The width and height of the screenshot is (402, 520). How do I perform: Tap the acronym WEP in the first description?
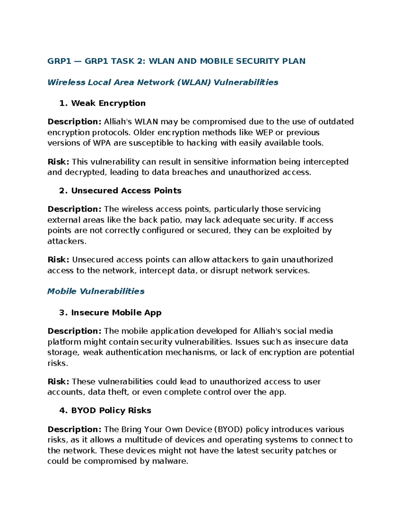(264, 132)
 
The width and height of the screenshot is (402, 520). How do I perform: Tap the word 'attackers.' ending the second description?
(67, 241)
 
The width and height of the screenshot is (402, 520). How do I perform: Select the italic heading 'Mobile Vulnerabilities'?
(96, 291)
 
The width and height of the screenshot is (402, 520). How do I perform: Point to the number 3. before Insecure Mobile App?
(63, 312)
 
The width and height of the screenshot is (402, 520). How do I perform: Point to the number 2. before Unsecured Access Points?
(63, 191)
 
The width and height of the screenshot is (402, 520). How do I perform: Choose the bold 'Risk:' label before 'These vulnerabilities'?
(58, 381)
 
